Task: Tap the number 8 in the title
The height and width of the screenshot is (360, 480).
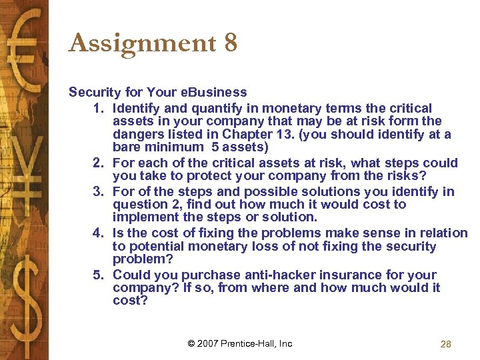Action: click(x=231, y=44)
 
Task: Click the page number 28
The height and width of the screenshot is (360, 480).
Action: click(x=446, y=344)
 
